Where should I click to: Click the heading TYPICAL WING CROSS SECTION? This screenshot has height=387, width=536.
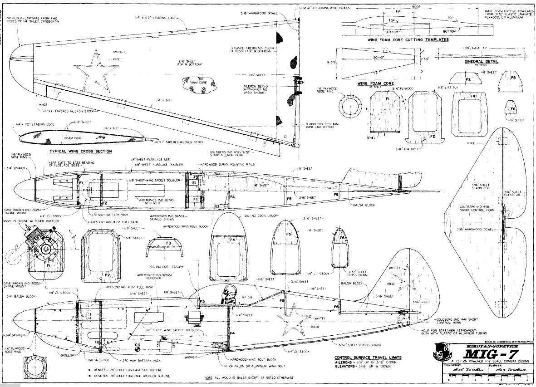(82, 151)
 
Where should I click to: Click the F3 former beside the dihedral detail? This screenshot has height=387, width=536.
(468, 79)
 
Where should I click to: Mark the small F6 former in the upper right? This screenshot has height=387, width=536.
(512, 109)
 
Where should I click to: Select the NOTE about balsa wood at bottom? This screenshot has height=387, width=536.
(249, 377)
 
